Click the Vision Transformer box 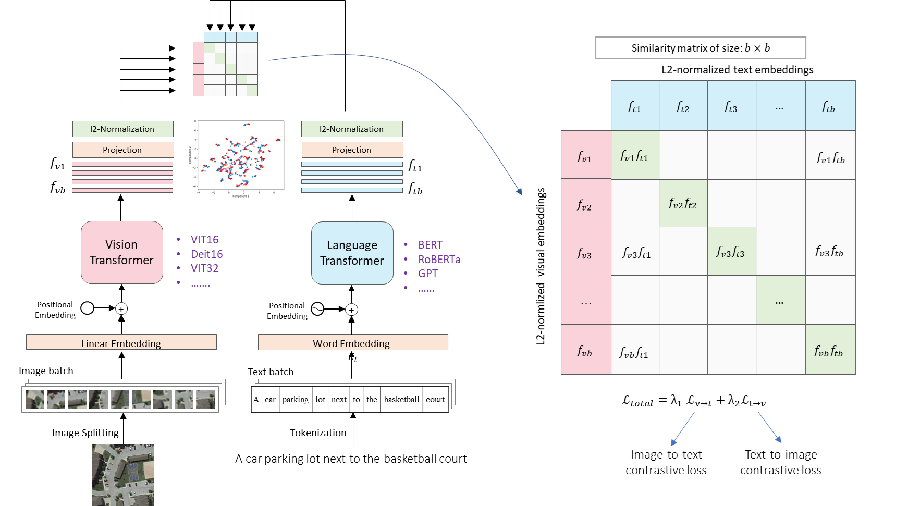(x=122, y=253)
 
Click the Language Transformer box (x=352, y=253)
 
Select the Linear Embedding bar (x=121, y=342)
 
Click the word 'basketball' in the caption (x=401, y=400)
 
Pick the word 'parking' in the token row (x=295, y=400)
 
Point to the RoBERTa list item (x=439, y=260)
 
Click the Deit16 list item (x=206, y=254)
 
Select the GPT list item (x=427, y=274)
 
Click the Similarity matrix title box (x=701, y=48)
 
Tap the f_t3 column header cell (x=731, y=107)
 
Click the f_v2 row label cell (x=585, y=204)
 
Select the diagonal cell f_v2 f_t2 (x=683, y=203)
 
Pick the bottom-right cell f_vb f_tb (x=829, y=350)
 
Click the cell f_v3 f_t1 (x=635, y=252)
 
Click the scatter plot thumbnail (x=237, y=159)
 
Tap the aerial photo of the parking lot (x=124, y=474)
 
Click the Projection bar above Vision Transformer (x=122, y=150)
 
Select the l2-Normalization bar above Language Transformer (x=352, y=129)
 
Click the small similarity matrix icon (x=226, y=64)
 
